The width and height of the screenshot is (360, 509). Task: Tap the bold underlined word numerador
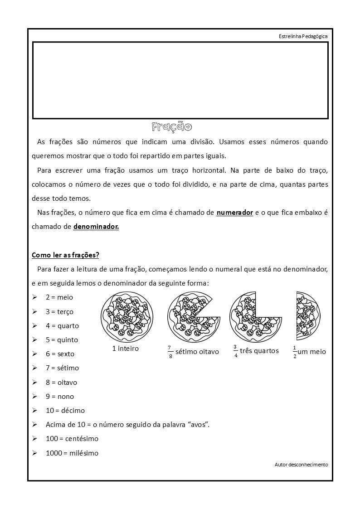(x=234, y=212)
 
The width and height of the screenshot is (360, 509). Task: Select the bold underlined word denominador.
(x=96, y=226)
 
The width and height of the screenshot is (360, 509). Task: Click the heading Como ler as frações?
(x=65, y=255)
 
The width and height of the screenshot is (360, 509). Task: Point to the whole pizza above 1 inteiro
(x=126, y=317)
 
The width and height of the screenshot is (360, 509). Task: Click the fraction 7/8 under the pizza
(x=170, y=352)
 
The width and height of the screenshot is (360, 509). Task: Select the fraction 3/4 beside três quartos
(x=235, y=351)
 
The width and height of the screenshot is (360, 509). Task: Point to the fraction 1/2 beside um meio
(x=295, y=352)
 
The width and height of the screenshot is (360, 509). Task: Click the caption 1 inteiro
(x=126, y=349)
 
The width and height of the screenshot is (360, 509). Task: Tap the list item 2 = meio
(x=59, y=297)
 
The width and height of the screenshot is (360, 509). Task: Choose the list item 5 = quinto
(x=62, y=340)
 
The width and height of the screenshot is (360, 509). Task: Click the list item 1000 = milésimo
(x=72, y=453)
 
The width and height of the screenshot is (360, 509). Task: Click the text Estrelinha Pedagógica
(x=303, y=36)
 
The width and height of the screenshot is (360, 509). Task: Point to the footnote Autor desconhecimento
(x=301, y=465)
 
